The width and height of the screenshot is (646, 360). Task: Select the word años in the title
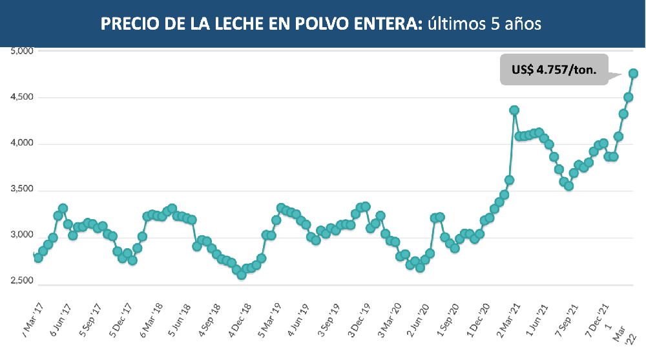coord(523,24)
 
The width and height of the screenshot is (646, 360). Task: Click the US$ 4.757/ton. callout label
coord(554,69)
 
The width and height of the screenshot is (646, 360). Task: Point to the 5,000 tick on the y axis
coord(23,50)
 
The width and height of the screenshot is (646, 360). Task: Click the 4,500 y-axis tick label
coord(23,98)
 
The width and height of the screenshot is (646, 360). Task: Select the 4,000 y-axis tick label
coord(23,144)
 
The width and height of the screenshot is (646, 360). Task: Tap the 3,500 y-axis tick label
coord(23,191)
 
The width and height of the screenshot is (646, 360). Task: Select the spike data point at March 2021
coord(514,111)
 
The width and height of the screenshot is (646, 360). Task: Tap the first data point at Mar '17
coord(38,258)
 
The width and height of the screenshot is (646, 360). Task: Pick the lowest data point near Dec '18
coord(242,275)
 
